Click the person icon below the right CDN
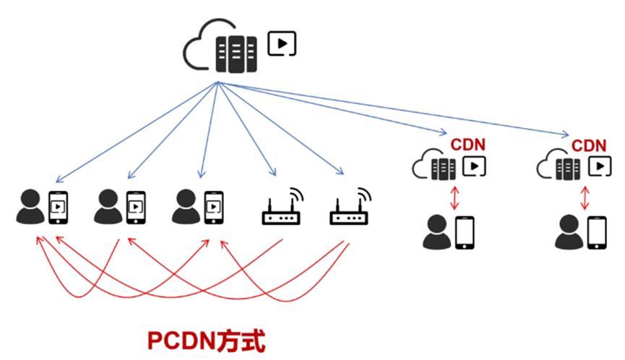pos(569,233)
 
